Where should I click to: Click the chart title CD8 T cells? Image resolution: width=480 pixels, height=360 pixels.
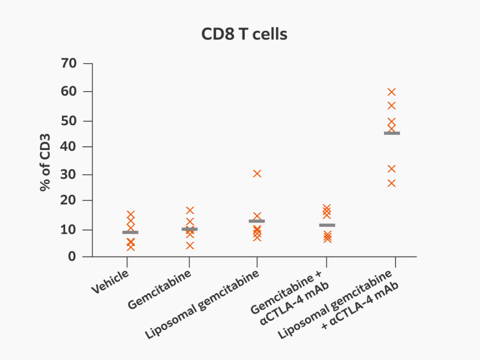244,34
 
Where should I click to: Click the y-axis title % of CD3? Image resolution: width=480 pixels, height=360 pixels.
45,162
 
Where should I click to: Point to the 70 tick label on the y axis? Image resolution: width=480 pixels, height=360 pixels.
69,63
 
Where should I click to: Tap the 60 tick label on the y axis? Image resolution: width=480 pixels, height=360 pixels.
69,91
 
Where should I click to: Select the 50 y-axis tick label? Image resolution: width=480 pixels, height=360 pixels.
69,121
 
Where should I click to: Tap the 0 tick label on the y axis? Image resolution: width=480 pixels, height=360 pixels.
72,256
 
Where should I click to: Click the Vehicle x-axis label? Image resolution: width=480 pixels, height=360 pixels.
110,282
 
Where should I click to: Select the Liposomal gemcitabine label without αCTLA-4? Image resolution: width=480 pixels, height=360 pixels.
202,304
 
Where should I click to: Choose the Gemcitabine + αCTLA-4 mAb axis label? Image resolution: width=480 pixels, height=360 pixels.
289,298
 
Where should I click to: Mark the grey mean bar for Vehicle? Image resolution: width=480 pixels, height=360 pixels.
130,232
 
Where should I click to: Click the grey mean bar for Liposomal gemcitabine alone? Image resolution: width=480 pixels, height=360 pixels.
257,221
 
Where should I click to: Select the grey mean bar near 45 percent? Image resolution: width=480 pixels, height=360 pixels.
392,133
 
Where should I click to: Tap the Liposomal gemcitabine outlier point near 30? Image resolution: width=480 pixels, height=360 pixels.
257,174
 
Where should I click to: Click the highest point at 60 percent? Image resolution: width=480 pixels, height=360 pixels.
391,92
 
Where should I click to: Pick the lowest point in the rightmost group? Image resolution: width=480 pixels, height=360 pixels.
391,183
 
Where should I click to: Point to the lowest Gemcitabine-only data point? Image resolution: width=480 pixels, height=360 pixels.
190,246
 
